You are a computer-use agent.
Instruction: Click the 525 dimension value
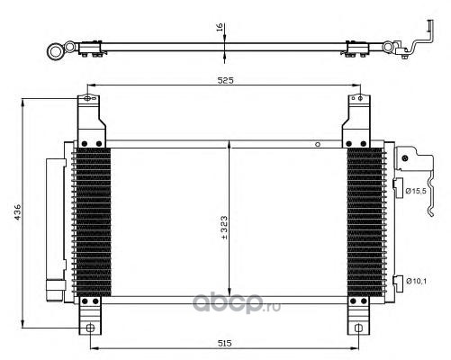(225, 80)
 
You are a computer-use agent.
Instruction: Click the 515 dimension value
(224, 343)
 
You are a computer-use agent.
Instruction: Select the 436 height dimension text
(18, 212)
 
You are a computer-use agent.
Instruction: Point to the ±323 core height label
(224, 228)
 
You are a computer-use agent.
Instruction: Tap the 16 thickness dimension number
(220, 27)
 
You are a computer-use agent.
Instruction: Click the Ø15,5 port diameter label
(416, 191)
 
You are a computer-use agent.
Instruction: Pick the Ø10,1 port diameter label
(416, 281)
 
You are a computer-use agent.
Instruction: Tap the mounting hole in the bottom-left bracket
(90, 328)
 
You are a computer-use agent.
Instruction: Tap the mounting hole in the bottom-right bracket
(358, 328)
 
